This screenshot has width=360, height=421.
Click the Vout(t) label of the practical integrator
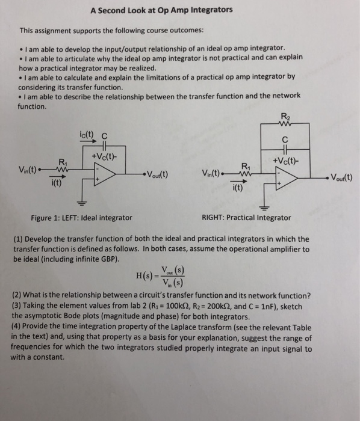click(340, 178)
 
